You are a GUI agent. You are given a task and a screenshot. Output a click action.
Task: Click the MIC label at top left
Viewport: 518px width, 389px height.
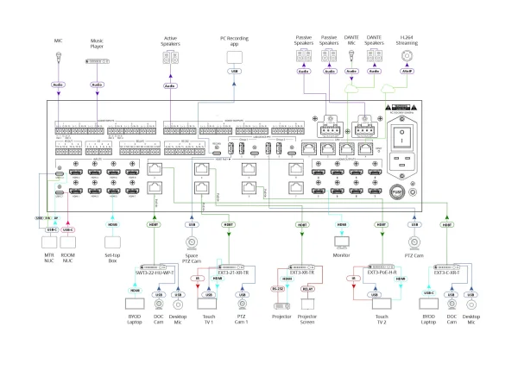point(57,40)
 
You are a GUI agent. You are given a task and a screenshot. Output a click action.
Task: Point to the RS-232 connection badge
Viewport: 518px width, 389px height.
point(277,290)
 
